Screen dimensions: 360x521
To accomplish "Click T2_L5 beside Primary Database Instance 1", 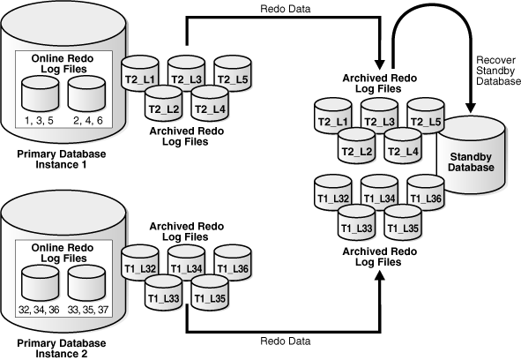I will coord(233,72).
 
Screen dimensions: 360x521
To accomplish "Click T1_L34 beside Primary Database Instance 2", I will coord(187,262).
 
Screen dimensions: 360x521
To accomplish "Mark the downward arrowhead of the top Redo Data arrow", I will coord(380,64).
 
